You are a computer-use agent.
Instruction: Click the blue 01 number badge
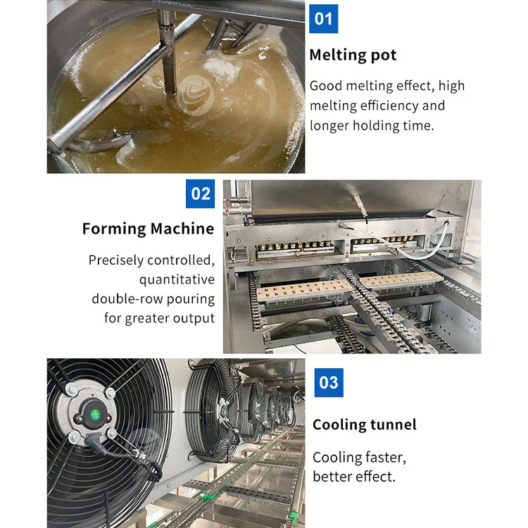(323, 18)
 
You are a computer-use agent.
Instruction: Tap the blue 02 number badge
(201, 194)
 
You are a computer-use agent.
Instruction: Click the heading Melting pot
(353, 55)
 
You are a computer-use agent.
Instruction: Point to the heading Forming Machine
(148, 229)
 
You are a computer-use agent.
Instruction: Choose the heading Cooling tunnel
(364, 425)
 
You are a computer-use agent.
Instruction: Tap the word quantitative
(176, 279)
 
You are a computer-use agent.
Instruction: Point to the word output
(192, 318)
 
